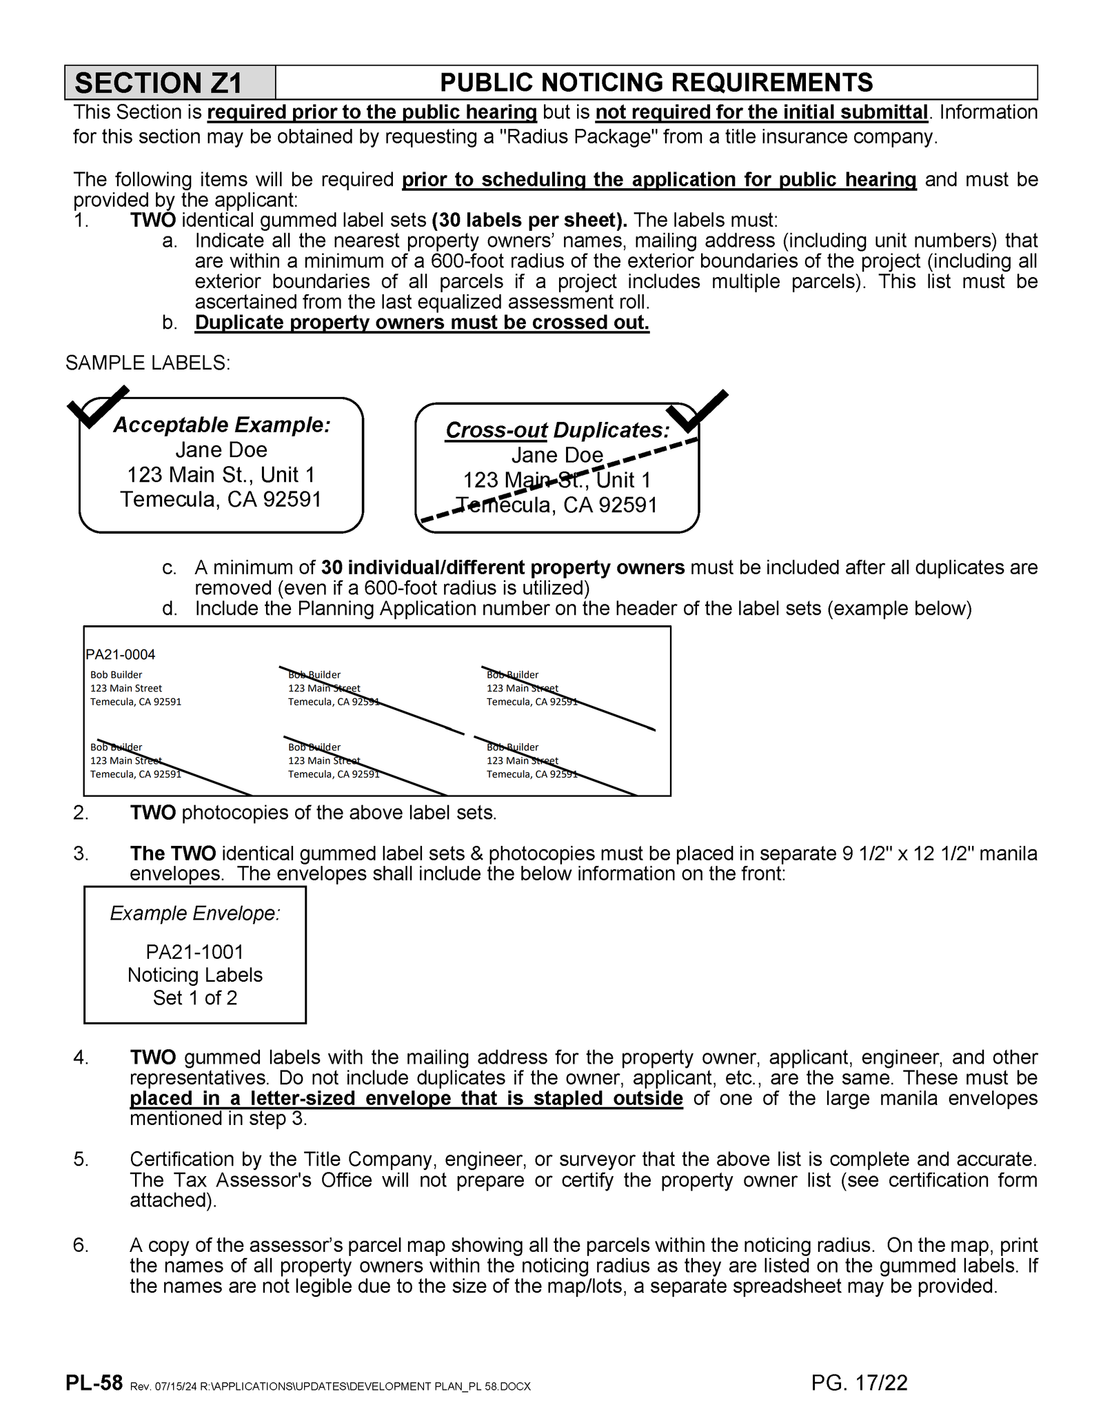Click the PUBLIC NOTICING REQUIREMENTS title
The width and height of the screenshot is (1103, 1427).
[x=656, y=83]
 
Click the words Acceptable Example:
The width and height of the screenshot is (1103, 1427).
[x=221, y=425]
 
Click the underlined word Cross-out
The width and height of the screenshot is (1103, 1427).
[x=496, y=430]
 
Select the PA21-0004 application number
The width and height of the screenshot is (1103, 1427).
[x=121, y=654]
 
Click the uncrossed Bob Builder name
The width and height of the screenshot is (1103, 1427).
[x=116, y=675]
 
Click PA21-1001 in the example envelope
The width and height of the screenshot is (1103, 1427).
[x=194, y=952]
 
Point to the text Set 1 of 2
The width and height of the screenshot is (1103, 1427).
[x=194, y=998]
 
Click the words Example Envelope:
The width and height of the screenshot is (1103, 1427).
[x=194, y=913]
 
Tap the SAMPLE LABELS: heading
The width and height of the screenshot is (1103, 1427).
[x=148, y=363]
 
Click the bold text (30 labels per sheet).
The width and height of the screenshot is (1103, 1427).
[x=529, y=221]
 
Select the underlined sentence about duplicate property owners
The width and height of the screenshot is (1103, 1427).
[x=422, y=323]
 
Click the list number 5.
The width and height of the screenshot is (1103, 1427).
[x=81, y=1160]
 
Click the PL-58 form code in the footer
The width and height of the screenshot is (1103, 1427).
[x=94, y=1383]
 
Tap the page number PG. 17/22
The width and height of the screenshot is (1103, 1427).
[x=859, y=1383]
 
